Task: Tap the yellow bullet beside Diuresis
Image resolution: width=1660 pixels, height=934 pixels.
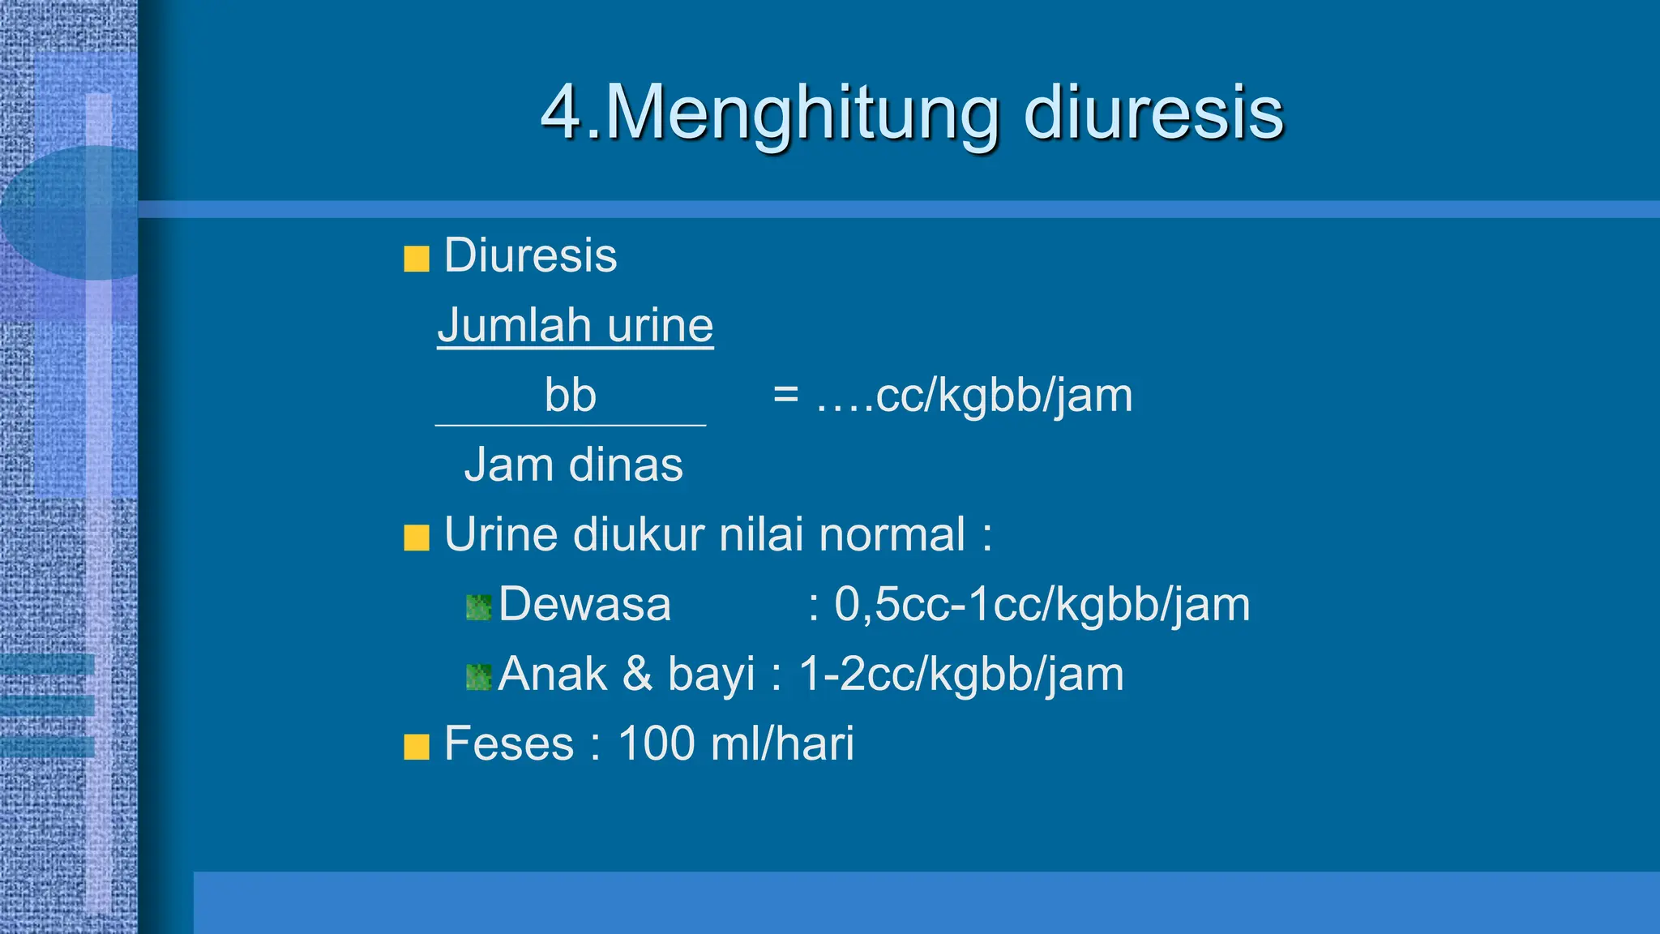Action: click(417, 259)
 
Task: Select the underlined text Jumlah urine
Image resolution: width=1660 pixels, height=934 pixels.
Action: click(575, 326)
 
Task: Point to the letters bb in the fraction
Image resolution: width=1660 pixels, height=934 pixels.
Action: click(570, 396)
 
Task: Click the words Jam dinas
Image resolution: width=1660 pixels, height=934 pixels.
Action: click(573, 465)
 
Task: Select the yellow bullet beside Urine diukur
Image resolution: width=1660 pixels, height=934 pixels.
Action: click(417, 538)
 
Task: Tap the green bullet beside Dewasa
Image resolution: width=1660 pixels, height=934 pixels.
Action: click(479, 607)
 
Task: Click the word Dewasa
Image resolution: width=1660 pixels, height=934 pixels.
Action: click(585, 605)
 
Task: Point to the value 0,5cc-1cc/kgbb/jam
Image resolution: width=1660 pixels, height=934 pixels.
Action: click(1042, 606)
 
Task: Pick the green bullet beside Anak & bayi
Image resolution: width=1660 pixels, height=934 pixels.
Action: click(479, 677)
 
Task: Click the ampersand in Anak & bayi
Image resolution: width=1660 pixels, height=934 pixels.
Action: click(637, 675)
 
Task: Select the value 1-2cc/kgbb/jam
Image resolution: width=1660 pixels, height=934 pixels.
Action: click(961, 675)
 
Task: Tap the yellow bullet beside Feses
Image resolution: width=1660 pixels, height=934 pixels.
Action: click(417, 747)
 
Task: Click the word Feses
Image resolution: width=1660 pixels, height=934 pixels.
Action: click(509, 744)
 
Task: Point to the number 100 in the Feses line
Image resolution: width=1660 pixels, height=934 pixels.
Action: click(657, 744)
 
